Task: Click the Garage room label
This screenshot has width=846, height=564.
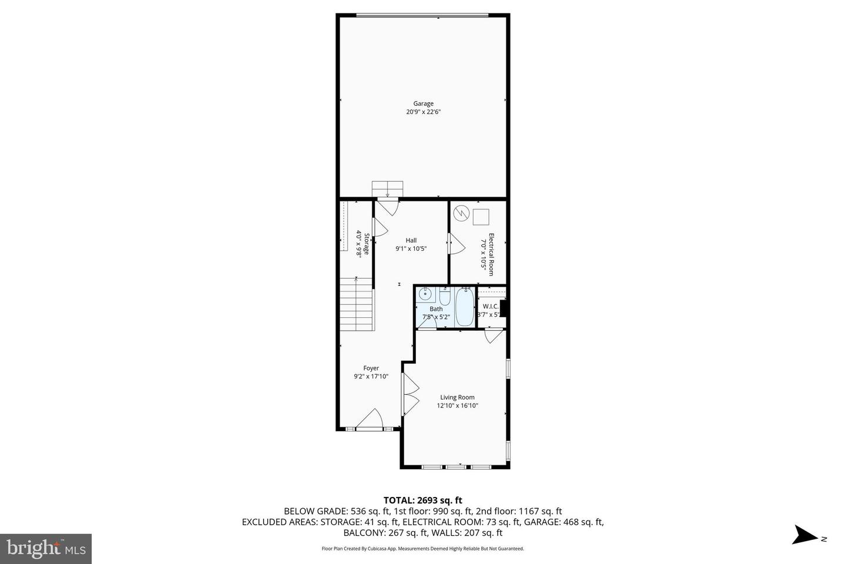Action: [423, 103]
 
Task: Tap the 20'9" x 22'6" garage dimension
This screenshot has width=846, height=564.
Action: [423, 112]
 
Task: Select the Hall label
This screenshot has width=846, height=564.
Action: [411, 240]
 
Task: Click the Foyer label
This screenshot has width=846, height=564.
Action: [371, 368]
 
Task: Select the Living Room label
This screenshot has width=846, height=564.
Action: [457, 397]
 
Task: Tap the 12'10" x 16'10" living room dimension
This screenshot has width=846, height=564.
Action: [457, 405]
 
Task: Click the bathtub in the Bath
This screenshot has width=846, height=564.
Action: [465, 307]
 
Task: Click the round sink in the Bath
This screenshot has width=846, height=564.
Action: [425, 296]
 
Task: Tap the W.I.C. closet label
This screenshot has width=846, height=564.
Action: [491, 307]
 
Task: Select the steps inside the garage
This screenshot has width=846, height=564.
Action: [387, 189]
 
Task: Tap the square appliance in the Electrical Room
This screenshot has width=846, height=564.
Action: [481, 217]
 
